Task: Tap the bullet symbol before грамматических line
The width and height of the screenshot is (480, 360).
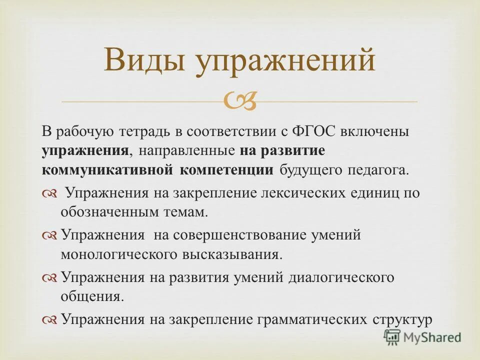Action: [x=50, y=319]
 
